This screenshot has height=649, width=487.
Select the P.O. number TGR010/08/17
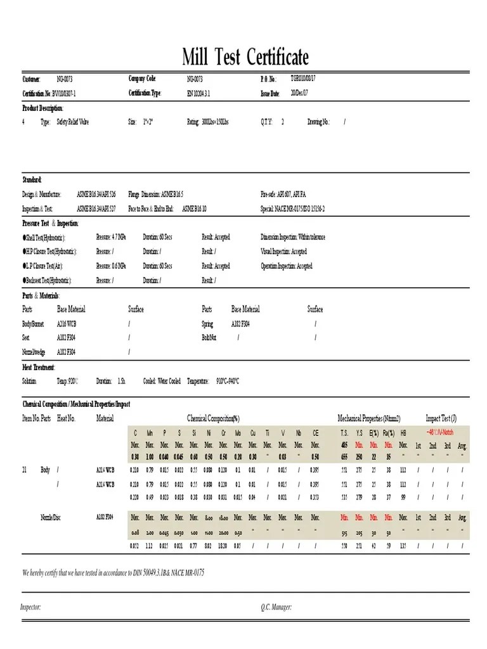pyautogui.click(x=303, y=79)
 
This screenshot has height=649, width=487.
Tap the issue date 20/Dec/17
pyautogui.click(x=299, y=93)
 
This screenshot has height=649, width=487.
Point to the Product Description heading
pyautogui.click(x=43, y=108)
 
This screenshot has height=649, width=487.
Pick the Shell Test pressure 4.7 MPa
pyautogui.click(x=111, y=237)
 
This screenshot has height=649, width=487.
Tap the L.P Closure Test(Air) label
pyautogui.click(x=46, y=266)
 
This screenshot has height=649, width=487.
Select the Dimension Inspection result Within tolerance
pyautogui.click(x=293, y=237)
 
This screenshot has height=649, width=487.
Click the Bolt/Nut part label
pyautogui.click(x=209, y=338)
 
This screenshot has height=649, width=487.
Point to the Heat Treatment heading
pyautogui.click(x=39, y=367)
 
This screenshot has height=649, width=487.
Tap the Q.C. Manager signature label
pyautogui.click(x=276, y=607)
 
